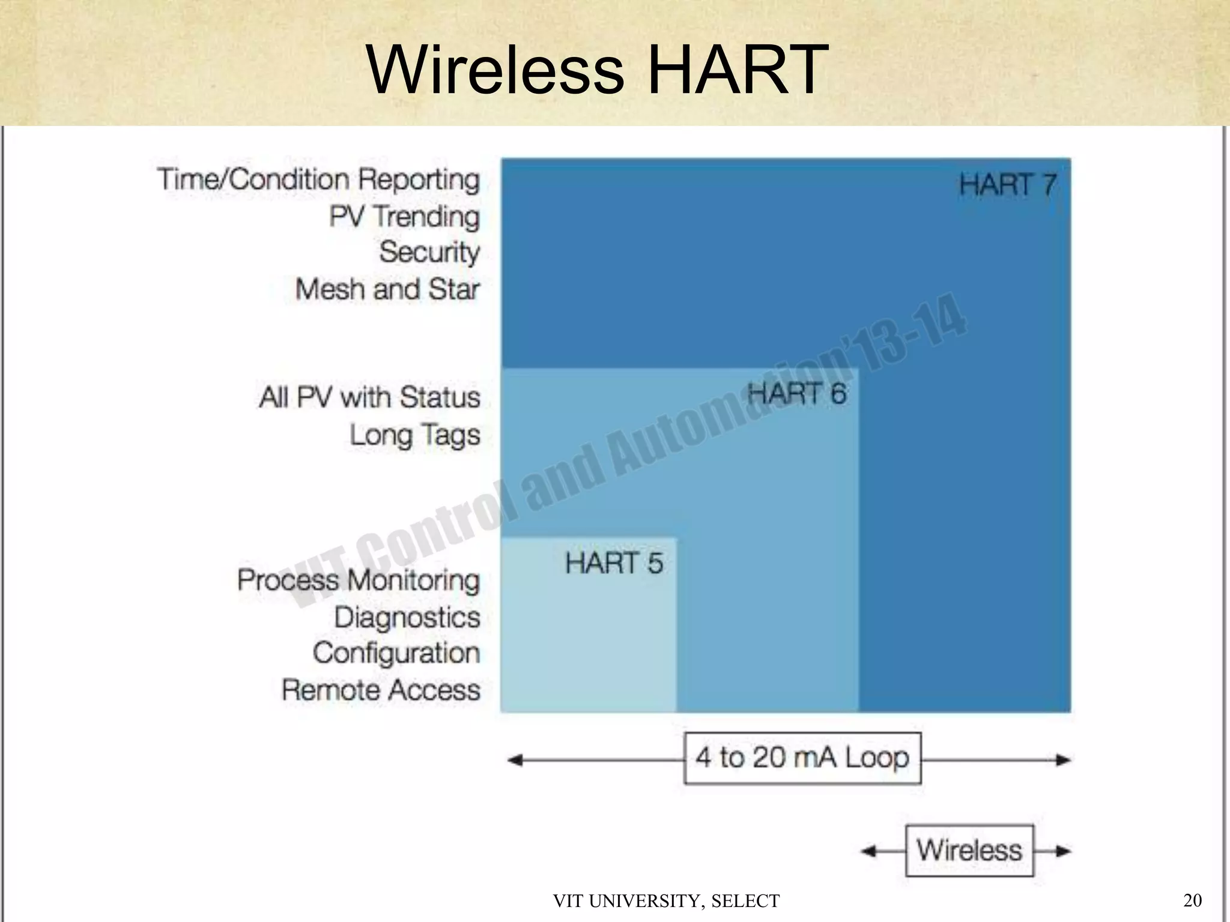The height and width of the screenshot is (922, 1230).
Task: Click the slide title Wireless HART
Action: click(597, 69)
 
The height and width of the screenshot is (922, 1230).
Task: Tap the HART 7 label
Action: click(1007, 184)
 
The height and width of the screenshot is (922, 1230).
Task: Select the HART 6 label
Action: click(797, 394)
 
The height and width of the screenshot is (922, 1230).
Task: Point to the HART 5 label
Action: click(614, 563)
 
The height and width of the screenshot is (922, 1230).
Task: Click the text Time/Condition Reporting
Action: click(319, 179)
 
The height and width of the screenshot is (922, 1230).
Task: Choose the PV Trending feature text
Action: click(404, 217)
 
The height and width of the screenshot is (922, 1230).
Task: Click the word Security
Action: click(429, 252)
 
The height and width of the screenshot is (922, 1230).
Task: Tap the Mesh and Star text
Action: click(387, 289)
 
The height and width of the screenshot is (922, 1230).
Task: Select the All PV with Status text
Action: click(370, 397)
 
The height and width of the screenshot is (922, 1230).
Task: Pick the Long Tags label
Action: click(415, 435)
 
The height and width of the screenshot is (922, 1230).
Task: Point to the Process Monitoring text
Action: click(359, 580)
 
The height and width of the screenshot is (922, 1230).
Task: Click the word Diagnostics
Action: click(407, 617)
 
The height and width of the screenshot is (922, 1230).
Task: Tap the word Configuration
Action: click(396, 653)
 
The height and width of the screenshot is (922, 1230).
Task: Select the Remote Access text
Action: click(381, 690)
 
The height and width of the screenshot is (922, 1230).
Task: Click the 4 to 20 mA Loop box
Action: click(802, 758)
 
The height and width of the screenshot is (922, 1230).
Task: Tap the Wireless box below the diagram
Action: click(969, 850)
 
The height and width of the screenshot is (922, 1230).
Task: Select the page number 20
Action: click(1192, 900)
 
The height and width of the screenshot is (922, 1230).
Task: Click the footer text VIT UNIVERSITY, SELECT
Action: click(666, 901)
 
